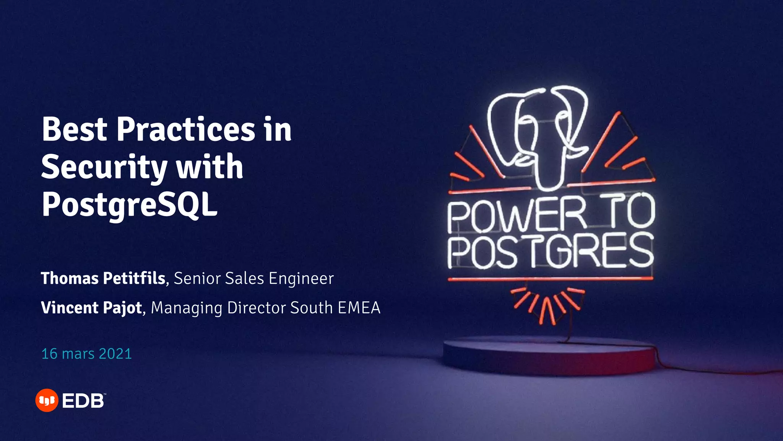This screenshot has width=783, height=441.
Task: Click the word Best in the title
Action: (75, 129)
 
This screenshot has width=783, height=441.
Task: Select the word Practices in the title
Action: (185, 129)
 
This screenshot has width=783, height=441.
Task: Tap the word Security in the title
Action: (104, 168)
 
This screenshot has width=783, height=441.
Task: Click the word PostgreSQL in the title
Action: (129, 205)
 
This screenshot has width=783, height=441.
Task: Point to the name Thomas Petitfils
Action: (103, 278)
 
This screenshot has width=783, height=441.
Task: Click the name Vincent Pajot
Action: (91, 308)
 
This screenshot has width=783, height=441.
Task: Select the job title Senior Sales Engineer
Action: (253, 278)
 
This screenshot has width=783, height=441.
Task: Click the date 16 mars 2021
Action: (86, 354)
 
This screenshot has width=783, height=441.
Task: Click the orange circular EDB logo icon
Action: (47, 400)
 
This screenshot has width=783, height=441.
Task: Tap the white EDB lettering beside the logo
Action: (83, 401)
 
